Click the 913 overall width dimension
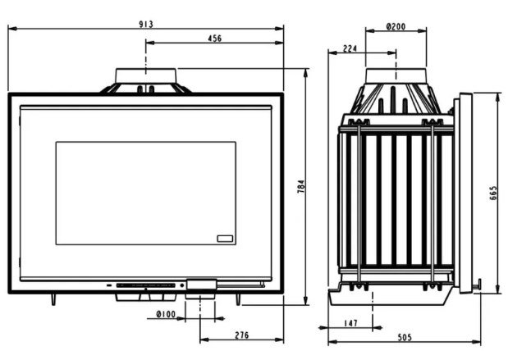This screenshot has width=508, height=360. [x=146, y=25]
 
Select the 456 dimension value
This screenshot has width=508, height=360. [x=214, y=39]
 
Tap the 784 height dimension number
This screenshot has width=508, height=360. [x=301, y=187]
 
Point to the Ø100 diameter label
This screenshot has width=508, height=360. [x=166, y=314]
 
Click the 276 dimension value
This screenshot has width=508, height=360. [x=242, y=335]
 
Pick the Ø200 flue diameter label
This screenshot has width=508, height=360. [x=396, y=26]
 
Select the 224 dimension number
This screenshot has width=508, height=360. [x=350, y=48]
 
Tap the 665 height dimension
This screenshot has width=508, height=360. [x=493, y=193]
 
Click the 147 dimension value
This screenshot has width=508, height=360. [x=351, y=323]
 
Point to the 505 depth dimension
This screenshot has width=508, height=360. [x=405, y=338]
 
